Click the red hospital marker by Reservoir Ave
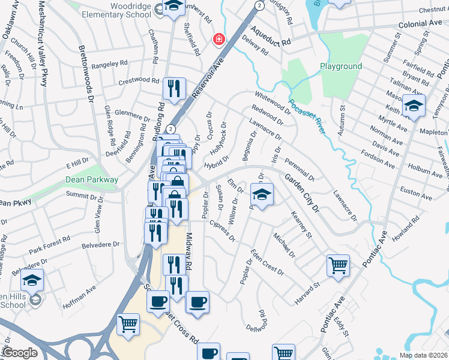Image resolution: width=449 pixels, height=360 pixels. tap(219, 40)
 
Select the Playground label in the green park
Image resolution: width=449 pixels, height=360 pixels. tap(340, 66)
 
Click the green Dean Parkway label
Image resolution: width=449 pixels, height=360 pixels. tap(92, 179)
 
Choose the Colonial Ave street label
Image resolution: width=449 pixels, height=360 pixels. tap(420, 24)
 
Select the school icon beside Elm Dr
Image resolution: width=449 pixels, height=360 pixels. tap(262, 195)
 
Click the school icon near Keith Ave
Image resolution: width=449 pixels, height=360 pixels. tap(414, 106)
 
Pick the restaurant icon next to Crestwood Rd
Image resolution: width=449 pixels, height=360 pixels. tap(174, 88)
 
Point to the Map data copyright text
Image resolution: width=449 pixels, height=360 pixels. tap(423, 355)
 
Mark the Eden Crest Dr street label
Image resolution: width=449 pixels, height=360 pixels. tap(267, 262)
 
